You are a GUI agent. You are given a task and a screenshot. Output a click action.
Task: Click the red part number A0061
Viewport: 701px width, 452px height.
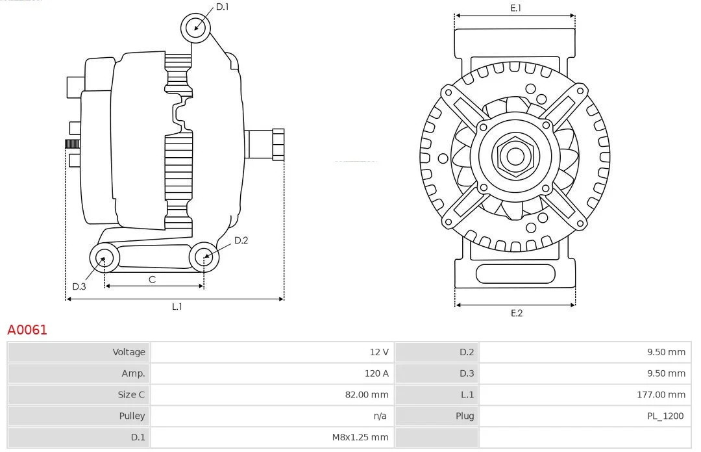(x=27, y=330)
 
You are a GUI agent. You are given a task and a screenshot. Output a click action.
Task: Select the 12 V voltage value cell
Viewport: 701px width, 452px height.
(x=379, y=352)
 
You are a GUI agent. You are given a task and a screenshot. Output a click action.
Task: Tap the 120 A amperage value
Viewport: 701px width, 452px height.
(x=376, y=373)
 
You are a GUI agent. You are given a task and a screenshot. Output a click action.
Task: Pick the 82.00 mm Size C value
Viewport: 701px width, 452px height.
(x=367, y=395)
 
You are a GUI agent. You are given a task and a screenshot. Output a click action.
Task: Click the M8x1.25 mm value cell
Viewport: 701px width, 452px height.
(x=360, y=437)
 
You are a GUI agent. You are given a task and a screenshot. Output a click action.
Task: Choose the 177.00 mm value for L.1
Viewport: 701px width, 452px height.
(x=661, y=395)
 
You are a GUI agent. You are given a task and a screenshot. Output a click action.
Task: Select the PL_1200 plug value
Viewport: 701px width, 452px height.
(x=665, y=416)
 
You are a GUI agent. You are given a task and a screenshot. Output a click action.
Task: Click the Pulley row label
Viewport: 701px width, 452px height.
(x=132, y=416)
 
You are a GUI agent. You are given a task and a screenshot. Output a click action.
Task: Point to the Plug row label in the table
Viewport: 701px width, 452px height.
(x=465, y=416)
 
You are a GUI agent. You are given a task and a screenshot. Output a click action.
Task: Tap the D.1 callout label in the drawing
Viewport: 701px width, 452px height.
(x=222, y=6)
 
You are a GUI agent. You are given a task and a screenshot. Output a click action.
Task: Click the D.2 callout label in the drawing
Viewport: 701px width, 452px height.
(x=241, y=240)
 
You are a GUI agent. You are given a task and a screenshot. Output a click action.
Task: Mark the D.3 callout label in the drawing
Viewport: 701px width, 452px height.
(x=79, y=286)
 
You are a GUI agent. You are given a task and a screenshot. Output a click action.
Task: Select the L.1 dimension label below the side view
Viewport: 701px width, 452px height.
(x=177, y=307)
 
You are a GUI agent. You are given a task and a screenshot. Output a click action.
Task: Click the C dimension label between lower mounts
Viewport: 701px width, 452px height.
(x=152, y=280)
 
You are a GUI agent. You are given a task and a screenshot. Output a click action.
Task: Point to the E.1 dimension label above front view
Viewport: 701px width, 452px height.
(x=515, y=8)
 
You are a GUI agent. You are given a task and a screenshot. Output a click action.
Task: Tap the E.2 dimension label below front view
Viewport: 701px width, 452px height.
(x=517, y=313)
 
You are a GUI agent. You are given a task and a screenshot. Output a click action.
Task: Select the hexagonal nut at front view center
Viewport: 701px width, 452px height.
(x=515, y=157)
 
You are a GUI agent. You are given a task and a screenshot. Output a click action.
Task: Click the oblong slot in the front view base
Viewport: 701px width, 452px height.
(x=515, y=274)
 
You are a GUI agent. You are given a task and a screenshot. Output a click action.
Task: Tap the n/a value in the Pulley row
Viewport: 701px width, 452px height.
(x=380, y=416)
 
